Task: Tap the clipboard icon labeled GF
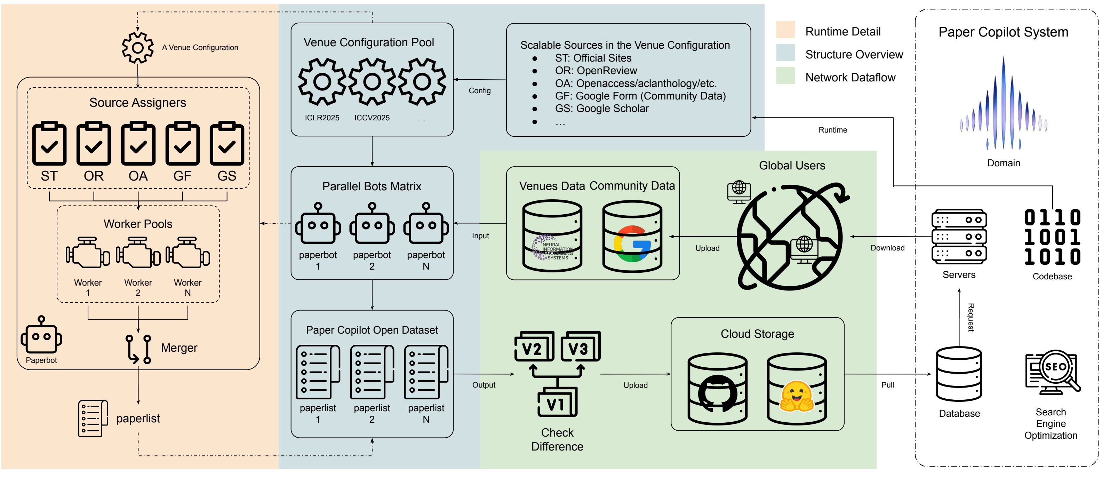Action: [183, 144]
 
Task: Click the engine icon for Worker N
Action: [188, 253]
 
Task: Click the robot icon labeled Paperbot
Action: [41, 336]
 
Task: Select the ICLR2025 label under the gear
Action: [322, 118]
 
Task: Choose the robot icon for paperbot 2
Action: [372, 224]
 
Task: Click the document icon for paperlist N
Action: [426, 372]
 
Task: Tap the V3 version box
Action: [580, 346]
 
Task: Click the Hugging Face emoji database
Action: [797, 389]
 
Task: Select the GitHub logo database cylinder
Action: [717, 389]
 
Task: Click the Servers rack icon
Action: [959, 237]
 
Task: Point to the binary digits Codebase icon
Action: [1052, 237]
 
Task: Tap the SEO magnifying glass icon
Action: [1052, 371]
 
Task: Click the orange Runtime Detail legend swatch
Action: [785, 30]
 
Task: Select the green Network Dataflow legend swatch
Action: [785, 76]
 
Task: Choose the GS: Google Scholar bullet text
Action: [601, 109]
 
